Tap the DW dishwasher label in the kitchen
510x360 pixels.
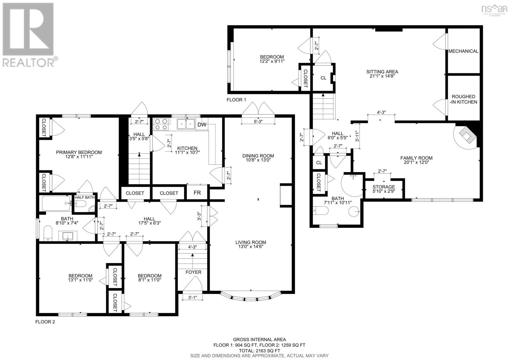[202, 125]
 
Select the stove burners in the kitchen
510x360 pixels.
[161, 124]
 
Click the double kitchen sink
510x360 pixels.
[186, 124]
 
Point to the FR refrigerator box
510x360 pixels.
[197, 193]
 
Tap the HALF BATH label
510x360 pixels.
[84, 197]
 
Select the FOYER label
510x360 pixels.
[193, 272]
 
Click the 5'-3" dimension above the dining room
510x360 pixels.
[258, 121]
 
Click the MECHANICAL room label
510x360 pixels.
[463, 51]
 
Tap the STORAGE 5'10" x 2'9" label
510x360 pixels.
[384, 189]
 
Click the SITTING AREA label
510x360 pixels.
[382, 74]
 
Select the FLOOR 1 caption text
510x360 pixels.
[236, 99]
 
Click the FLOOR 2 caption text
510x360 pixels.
[45, 322]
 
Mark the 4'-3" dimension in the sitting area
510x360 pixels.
[381, 112]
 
